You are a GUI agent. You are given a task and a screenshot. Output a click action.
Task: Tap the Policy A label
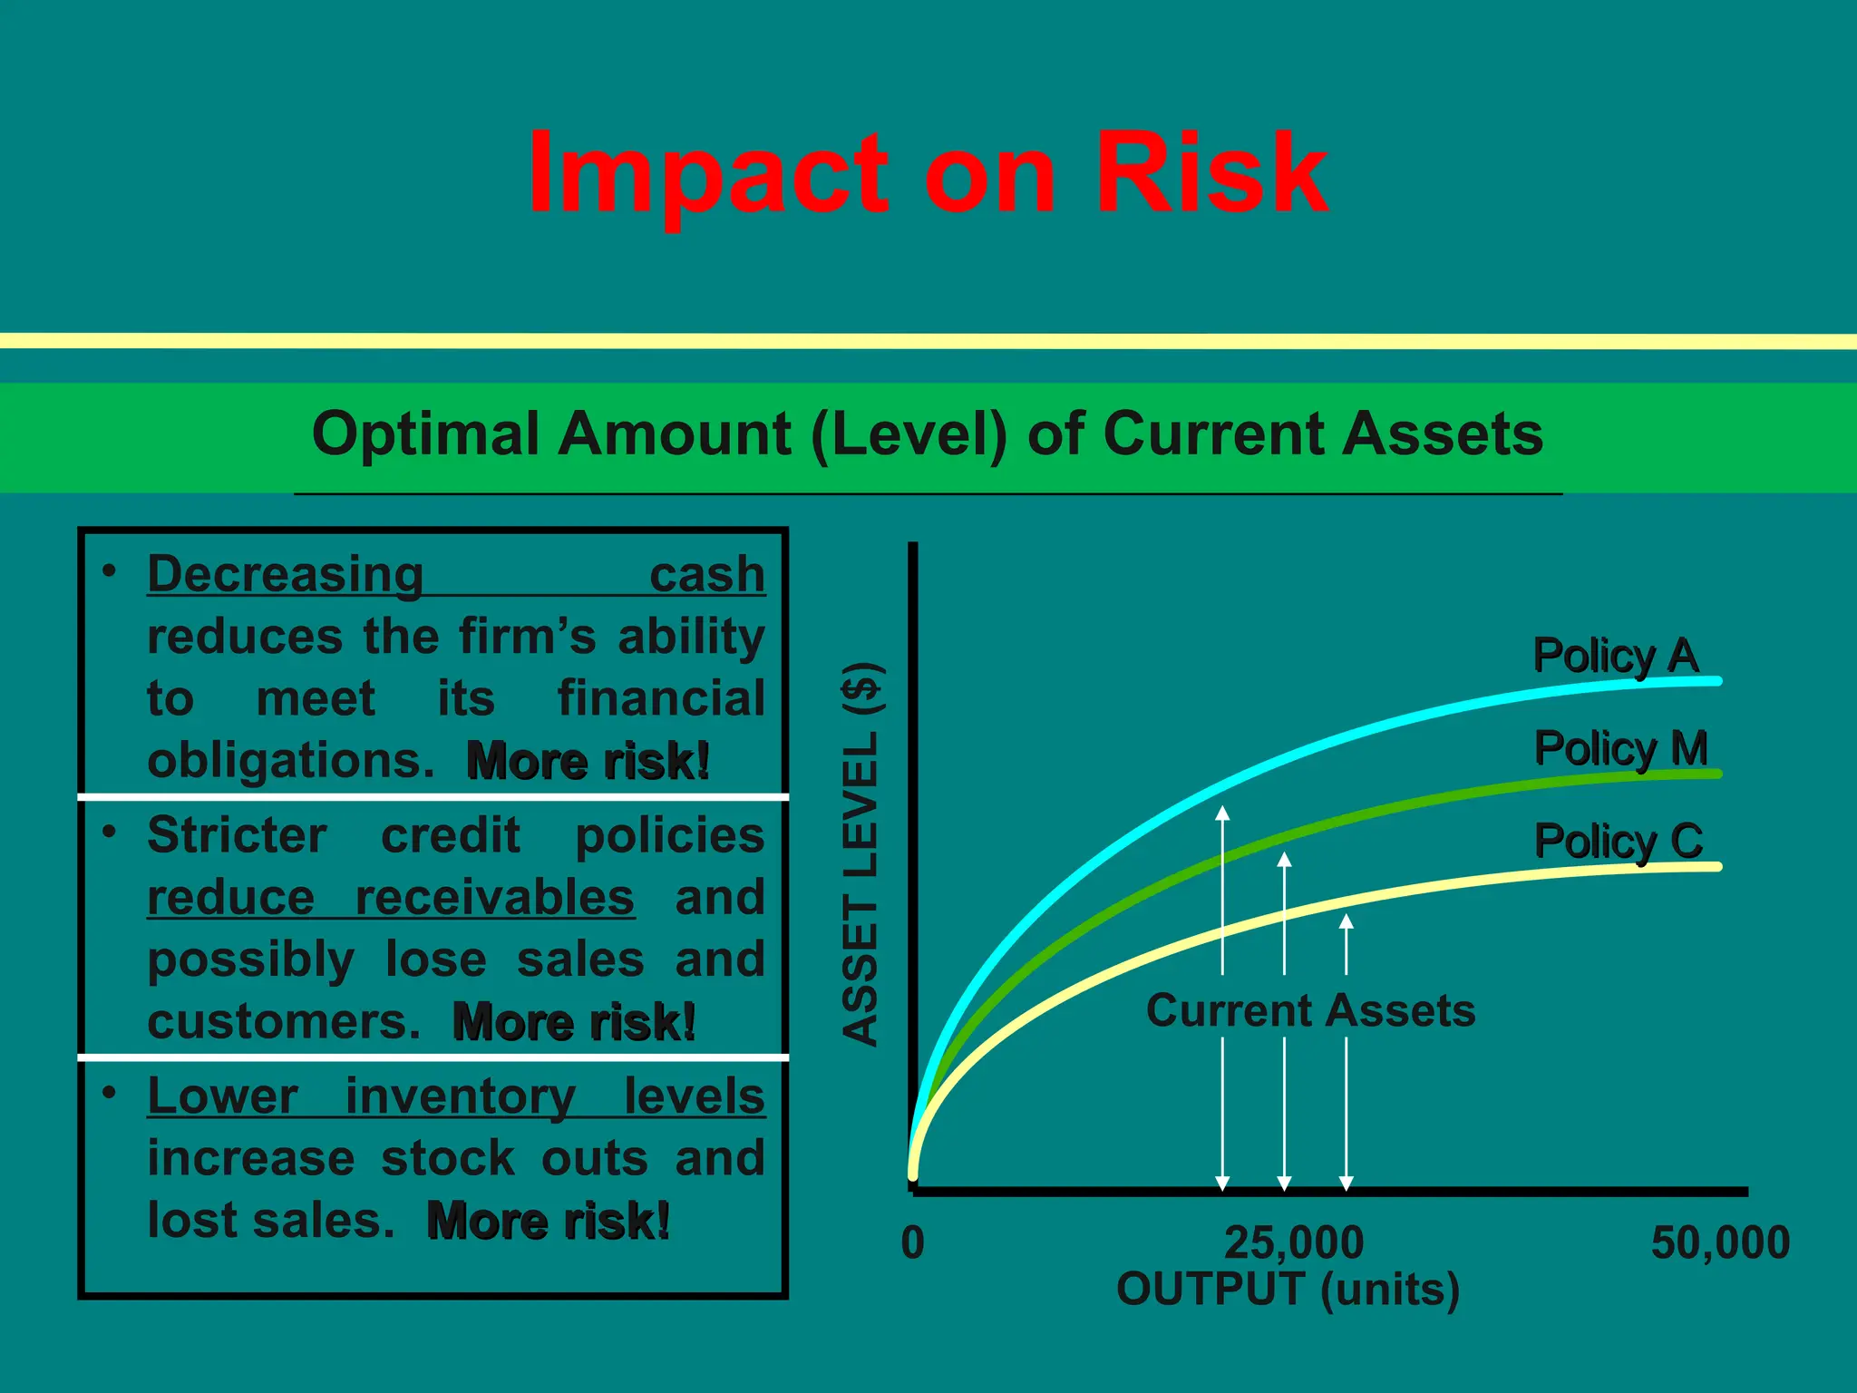[1614, 656]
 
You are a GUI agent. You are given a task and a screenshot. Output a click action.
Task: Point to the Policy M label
[1619, 749]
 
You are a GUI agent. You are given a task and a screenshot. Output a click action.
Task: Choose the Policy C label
[1618, 842]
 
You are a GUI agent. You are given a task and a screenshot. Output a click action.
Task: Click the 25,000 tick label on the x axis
[1293, 1242]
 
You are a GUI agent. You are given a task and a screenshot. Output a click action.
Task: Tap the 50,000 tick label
[1719, 1242]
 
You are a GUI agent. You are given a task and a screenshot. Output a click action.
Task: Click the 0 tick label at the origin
[913, 1242]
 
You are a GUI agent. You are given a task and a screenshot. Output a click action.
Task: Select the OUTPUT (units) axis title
[1288, 1289]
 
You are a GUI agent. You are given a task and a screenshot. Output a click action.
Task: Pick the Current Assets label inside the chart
[1310, 1010]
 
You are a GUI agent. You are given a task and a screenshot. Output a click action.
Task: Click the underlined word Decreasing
[286, 575]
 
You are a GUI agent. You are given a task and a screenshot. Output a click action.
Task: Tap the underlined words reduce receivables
[390, 898]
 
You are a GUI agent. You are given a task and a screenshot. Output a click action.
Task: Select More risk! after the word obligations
[588, 761]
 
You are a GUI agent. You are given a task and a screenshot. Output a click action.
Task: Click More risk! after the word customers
[574, 1022]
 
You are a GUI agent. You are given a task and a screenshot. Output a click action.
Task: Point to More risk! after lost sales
[548, 1221]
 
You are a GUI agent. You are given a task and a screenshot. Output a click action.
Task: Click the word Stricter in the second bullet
[237, 835]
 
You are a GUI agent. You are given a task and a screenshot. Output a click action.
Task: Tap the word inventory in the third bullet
[460, 1096]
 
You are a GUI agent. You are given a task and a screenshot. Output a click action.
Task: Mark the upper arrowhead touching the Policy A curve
[1222, 813]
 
